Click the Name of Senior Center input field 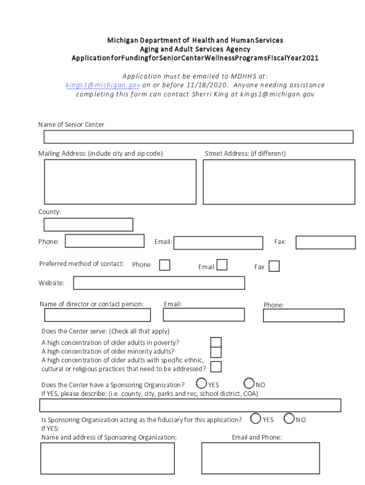(198, 137)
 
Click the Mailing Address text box (120, 181)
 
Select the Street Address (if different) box (279, 181)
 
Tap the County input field (88, 225)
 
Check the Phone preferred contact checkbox (164, 265)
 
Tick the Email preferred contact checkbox (221, 265)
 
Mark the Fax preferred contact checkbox (274, 266)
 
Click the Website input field (159, 283)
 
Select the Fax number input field (325, 242)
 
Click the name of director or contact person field (97, 315)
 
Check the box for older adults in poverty (216, 342)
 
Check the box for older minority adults (216, 352)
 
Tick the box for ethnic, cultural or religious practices (216, 367)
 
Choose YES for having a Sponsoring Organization (201, 383)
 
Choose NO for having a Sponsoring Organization (249, 383)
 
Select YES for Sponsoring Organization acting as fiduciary (256, 418)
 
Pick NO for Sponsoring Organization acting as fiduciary (289, 418)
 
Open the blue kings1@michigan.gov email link (103, 85)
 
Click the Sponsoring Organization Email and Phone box (260, 458)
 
